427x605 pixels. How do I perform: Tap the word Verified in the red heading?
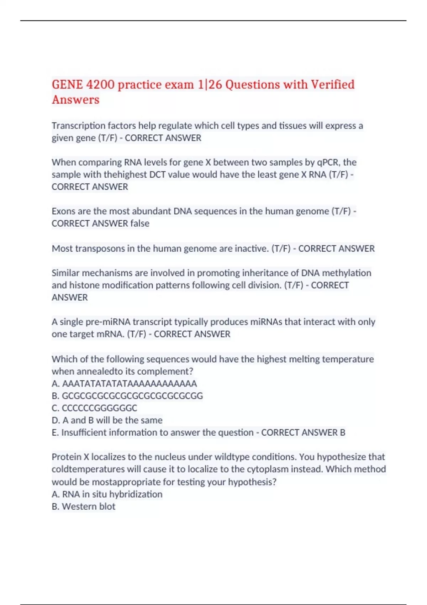pos(333,85)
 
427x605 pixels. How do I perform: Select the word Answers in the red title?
pos(75,100)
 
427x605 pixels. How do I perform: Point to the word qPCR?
pos(328,162)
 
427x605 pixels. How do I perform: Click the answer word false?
pos(140,223)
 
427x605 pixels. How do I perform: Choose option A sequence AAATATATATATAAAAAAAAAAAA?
pos(129,384)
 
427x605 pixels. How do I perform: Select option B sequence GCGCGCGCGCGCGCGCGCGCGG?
pos(132,396)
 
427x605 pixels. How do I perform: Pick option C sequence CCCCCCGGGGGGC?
pos(99,408)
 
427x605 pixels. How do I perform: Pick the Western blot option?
pos(88,506)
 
